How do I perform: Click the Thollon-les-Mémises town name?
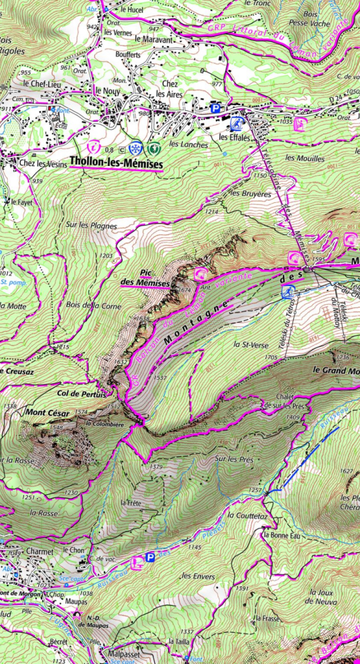pos(116,165)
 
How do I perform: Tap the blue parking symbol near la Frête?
pos(150,557)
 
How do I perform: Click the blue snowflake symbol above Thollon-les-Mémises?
pos(135,148)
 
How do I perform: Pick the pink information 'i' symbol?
pos(95,148)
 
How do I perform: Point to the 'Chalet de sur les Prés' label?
pos(284,401)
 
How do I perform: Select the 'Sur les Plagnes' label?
pos(91,226)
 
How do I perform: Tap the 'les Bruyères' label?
pos(250,193)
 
